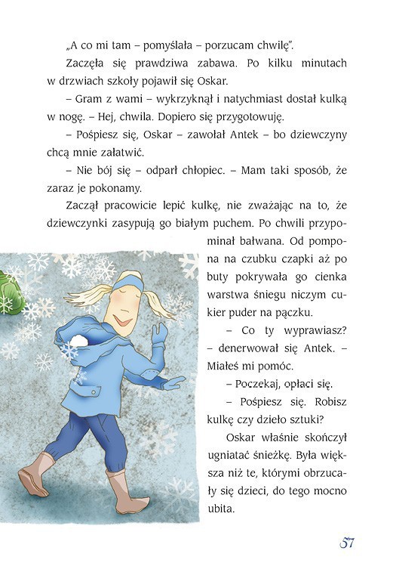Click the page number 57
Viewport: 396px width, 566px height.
click(x=346, y=543)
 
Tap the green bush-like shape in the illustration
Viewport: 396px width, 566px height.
click(x=8, y=293)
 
